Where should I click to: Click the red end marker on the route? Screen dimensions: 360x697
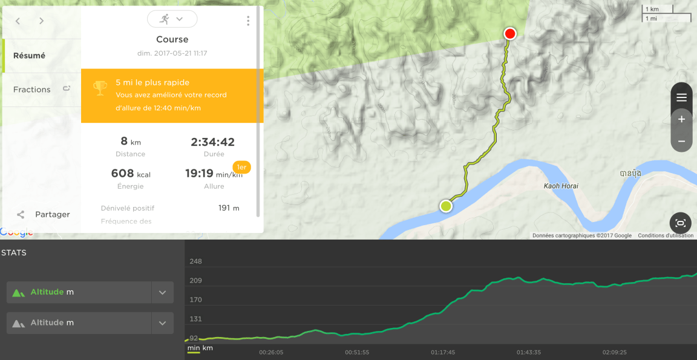coord(510,33)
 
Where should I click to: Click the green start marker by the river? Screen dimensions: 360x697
coord(446,206)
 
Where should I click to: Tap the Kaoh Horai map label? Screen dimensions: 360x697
coord(560,186)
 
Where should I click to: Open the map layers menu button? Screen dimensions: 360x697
coord(681,97)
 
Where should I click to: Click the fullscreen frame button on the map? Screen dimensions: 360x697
coord(681,223)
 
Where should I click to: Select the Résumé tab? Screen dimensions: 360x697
coord(29,56)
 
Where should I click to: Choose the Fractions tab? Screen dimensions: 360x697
coord(32,90)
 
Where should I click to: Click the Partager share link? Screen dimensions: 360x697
coord(52,214)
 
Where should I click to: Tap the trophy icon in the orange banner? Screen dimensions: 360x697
coord(100,88)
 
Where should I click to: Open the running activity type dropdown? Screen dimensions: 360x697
coord(172,19)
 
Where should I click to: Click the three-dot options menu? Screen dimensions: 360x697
coord(248,21)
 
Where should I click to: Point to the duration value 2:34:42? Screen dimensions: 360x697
coord(212,142)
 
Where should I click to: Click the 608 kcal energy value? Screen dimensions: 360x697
coord(131,174)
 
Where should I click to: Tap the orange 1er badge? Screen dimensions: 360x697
coord(241,167)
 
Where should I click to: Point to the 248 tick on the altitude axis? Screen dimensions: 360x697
coord(195,261)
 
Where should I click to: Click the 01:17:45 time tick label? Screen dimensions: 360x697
coord(443,352)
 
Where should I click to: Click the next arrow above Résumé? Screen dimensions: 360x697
coord(41,21)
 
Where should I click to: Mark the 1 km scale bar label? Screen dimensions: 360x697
coord(652,9)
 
